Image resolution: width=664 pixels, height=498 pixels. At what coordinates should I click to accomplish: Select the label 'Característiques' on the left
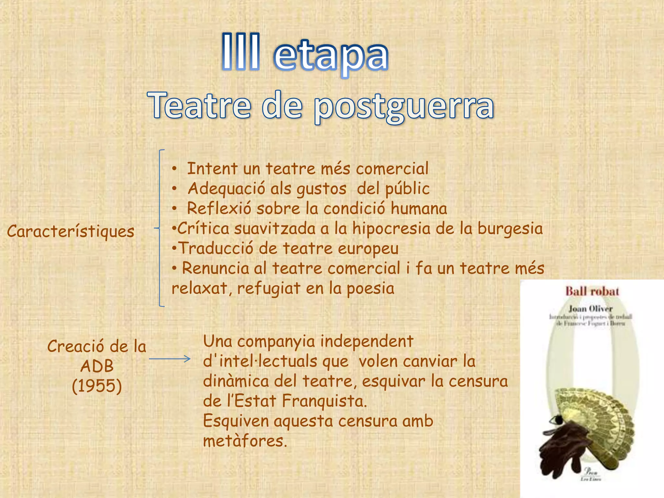[71, 231]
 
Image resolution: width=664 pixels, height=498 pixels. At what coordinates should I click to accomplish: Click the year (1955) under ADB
[97, 386]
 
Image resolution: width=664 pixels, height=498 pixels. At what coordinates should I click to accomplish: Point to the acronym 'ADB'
[97, 366]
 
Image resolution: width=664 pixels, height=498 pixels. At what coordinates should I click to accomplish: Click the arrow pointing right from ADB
[170, 359]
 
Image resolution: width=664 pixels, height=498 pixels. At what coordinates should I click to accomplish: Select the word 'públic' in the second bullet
[407, 189]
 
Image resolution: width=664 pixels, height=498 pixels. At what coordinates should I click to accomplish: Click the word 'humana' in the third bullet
[419, 208]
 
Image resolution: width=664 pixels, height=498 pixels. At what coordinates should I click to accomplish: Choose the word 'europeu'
[368, 249]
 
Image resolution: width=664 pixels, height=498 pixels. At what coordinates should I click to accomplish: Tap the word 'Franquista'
[324, 401]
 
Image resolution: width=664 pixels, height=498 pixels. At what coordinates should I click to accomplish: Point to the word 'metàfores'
[245, 441]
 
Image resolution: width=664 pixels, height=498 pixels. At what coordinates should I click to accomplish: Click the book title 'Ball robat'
[592, 291]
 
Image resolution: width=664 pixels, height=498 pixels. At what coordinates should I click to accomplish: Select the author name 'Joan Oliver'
[590, 309]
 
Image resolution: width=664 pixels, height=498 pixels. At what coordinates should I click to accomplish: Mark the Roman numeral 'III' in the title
[241, 52]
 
